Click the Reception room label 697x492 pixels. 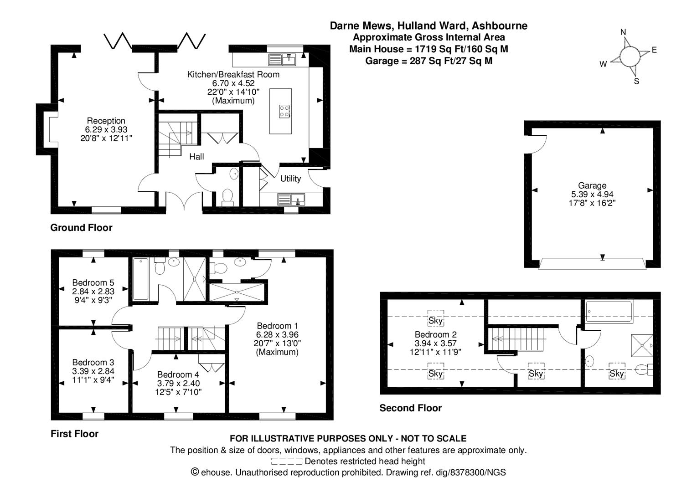click(x=106, y=121)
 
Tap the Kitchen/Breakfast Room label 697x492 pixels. click(x=233, y=74)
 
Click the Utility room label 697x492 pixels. click(x=290, y=179)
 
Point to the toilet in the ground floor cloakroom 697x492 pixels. click(x=227, y=197)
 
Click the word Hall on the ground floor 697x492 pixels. click(x=196, y=157)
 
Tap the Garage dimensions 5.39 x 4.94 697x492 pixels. click(x=592, y=195)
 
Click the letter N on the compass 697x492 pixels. click(x=623, y=32)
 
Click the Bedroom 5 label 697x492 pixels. click(x=93, y=282)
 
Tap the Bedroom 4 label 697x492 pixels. click(x=178, y=375)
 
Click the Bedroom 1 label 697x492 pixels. click(x=277, y=326)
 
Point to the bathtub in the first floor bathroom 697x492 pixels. click(x=140, y=279)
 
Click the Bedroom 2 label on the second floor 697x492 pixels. click(x=435, y=335)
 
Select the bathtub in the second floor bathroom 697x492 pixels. click(x=609, y=312)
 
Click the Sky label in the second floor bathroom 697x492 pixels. click(x=616, y=374)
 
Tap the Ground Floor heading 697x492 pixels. click(x=81, y=228)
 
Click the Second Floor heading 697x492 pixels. click(x=410, y=408)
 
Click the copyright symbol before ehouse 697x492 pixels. click(x=195, y=472)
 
